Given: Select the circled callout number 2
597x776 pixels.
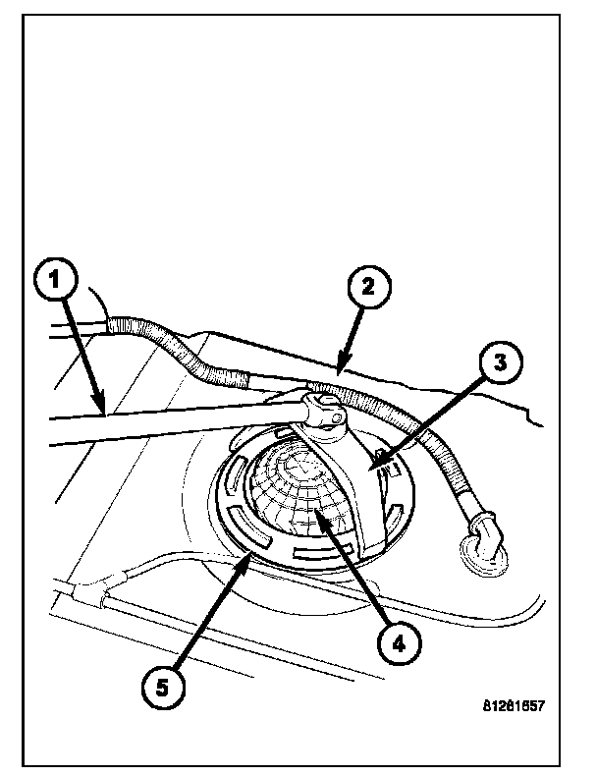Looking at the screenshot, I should point(366,288).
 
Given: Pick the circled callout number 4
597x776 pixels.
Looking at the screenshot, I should point(397,644).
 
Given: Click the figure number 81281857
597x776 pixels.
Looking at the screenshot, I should point(513,705).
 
